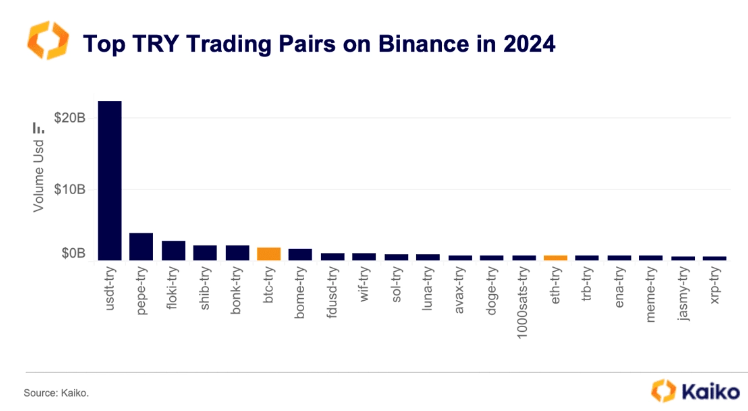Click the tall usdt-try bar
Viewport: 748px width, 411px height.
(x=109, y=180)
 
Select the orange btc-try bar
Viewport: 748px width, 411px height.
(x=268, y=253)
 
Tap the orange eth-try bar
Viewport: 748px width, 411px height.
(x=555, y=257)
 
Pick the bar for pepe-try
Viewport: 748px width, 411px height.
(x=141, y=246)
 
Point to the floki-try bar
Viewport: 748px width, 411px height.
(x=173, y=250)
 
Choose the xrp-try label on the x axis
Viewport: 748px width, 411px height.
(x=715, y=290)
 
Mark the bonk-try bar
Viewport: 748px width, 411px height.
(x=237, y=252)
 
